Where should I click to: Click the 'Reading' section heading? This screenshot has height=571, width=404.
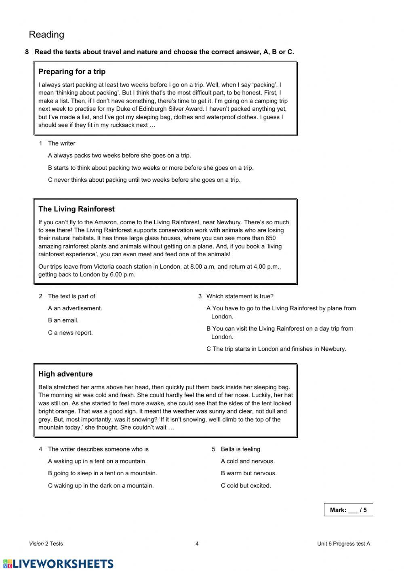click(46, 35)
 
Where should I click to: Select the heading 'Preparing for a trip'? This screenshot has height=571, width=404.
click(72, 72)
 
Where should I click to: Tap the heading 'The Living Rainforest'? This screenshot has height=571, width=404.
click(76, 209)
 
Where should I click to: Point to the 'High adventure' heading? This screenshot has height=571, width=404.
click(65, 374)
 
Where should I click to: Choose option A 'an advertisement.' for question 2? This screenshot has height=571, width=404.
click(75, 308)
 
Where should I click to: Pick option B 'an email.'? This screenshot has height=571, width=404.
click(63, 320)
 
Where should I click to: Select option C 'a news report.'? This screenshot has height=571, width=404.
click(70, 333)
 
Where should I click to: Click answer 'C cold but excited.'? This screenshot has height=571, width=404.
click(246, 486)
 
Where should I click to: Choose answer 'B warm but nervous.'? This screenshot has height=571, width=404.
click(248, 473)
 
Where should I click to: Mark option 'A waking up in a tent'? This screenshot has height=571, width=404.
click(97, 461)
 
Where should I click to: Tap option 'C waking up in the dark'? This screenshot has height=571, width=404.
click(101, 486)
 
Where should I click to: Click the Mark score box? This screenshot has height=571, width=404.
click(348, 510)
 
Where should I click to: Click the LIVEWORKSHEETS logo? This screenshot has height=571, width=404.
click(58, 564)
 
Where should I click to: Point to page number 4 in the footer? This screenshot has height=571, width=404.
click(197, 544)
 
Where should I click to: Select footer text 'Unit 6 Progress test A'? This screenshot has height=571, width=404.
click(343, 544)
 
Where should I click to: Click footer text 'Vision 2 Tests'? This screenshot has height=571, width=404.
click(46, 544)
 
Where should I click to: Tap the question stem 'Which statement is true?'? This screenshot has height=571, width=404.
click(240, 296)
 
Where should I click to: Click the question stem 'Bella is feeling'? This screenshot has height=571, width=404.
click(240, 449)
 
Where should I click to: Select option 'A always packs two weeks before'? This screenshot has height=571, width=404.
click(120, 156)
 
